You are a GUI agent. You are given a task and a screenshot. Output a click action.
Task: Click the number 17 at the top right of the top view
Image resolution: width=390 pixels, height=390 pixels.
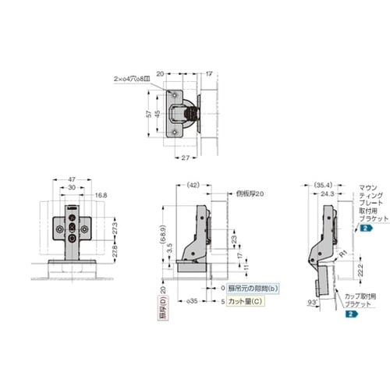tap(209, 73)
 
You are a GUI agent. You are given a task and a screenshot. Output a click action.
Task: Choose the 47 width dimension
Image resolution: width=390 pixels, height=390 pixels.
tap(71, 179)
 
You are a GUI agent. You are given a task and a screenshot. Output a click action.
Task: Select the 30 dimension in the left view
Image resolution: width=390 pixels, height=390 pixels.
tap(71, 187)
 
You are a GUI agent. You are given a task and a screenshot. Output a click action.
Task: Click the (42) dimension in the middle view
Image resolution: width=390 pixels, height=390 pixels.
tap(194, 185)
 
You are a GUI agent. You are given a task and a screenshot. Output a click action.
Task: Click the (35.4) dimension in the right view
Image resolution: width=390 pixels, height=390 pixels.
tap(319, 185)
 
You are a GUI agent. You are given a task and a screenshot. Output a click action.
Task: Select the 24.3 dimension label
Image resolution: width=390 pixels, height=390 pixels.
tap(325, 193)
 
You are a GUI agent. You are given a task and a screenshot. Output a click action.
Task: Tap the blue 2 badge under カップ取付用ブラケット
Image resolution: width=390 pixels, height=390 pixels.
tap(350, 313)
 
